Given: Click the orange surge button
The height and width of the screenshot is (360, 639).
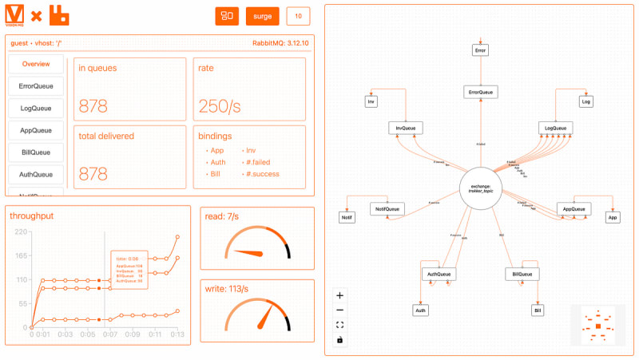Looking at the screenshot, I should (263, 16).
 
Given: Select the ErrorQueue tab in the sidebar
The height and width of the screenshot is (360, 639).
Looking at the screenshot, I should (37, 86).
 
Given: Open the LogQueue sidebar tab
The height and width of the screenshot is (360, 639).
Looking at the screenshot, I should (37, 108).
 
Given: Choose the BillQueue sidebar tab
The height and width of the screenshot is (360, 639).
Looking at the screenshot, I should (37, 152).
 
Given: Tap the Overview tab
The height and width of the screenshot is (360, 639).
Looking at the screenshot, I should (37, 64).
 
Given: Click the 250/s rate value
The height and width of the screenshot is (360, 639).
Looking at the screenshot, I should (220, 106).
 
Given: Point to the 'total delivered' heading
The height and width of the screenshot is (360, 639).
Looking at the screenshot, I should (105, 136).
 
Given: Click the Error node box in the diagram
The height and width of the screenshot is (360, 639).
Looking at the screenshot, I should (479, 50).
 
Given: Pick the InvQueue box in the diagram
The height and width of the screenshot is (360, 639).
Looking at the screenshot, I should (406, 128).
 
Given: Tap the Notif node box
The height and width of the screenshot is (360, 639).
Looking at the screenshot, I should (347, 217).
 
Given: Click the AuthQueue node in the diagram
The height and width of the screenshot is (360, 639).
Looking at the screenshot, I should (439, 274).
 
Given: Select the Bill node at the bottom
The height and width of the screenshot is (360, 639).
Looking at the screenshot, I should (538, 310).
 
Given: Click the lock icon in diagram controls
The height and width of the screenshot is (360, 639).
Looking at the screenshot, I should (340, 340).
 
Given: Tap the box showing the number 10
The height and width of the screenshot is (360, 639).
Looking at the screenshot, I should (298, 16).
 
